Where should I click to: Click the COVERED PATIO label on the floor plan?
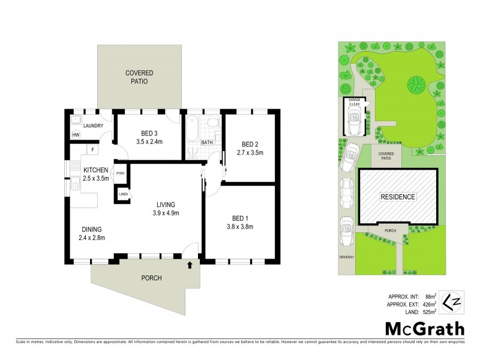point(139,77)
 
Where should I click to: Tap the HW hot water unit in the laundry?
point(76,135)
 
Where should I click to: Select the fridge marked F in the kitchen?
point(92,149)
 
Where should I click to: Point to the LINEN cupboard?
point(123,194)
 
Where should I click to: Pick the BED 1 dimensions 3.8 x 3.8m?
point(240,227)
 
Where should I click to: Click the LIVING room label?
point(167,204)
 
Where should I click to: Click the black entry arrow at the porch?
point(190,263)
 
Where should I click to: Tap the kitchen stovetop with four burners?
point(75,166)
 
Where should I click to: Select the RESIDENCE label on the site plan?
point(398,196)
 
